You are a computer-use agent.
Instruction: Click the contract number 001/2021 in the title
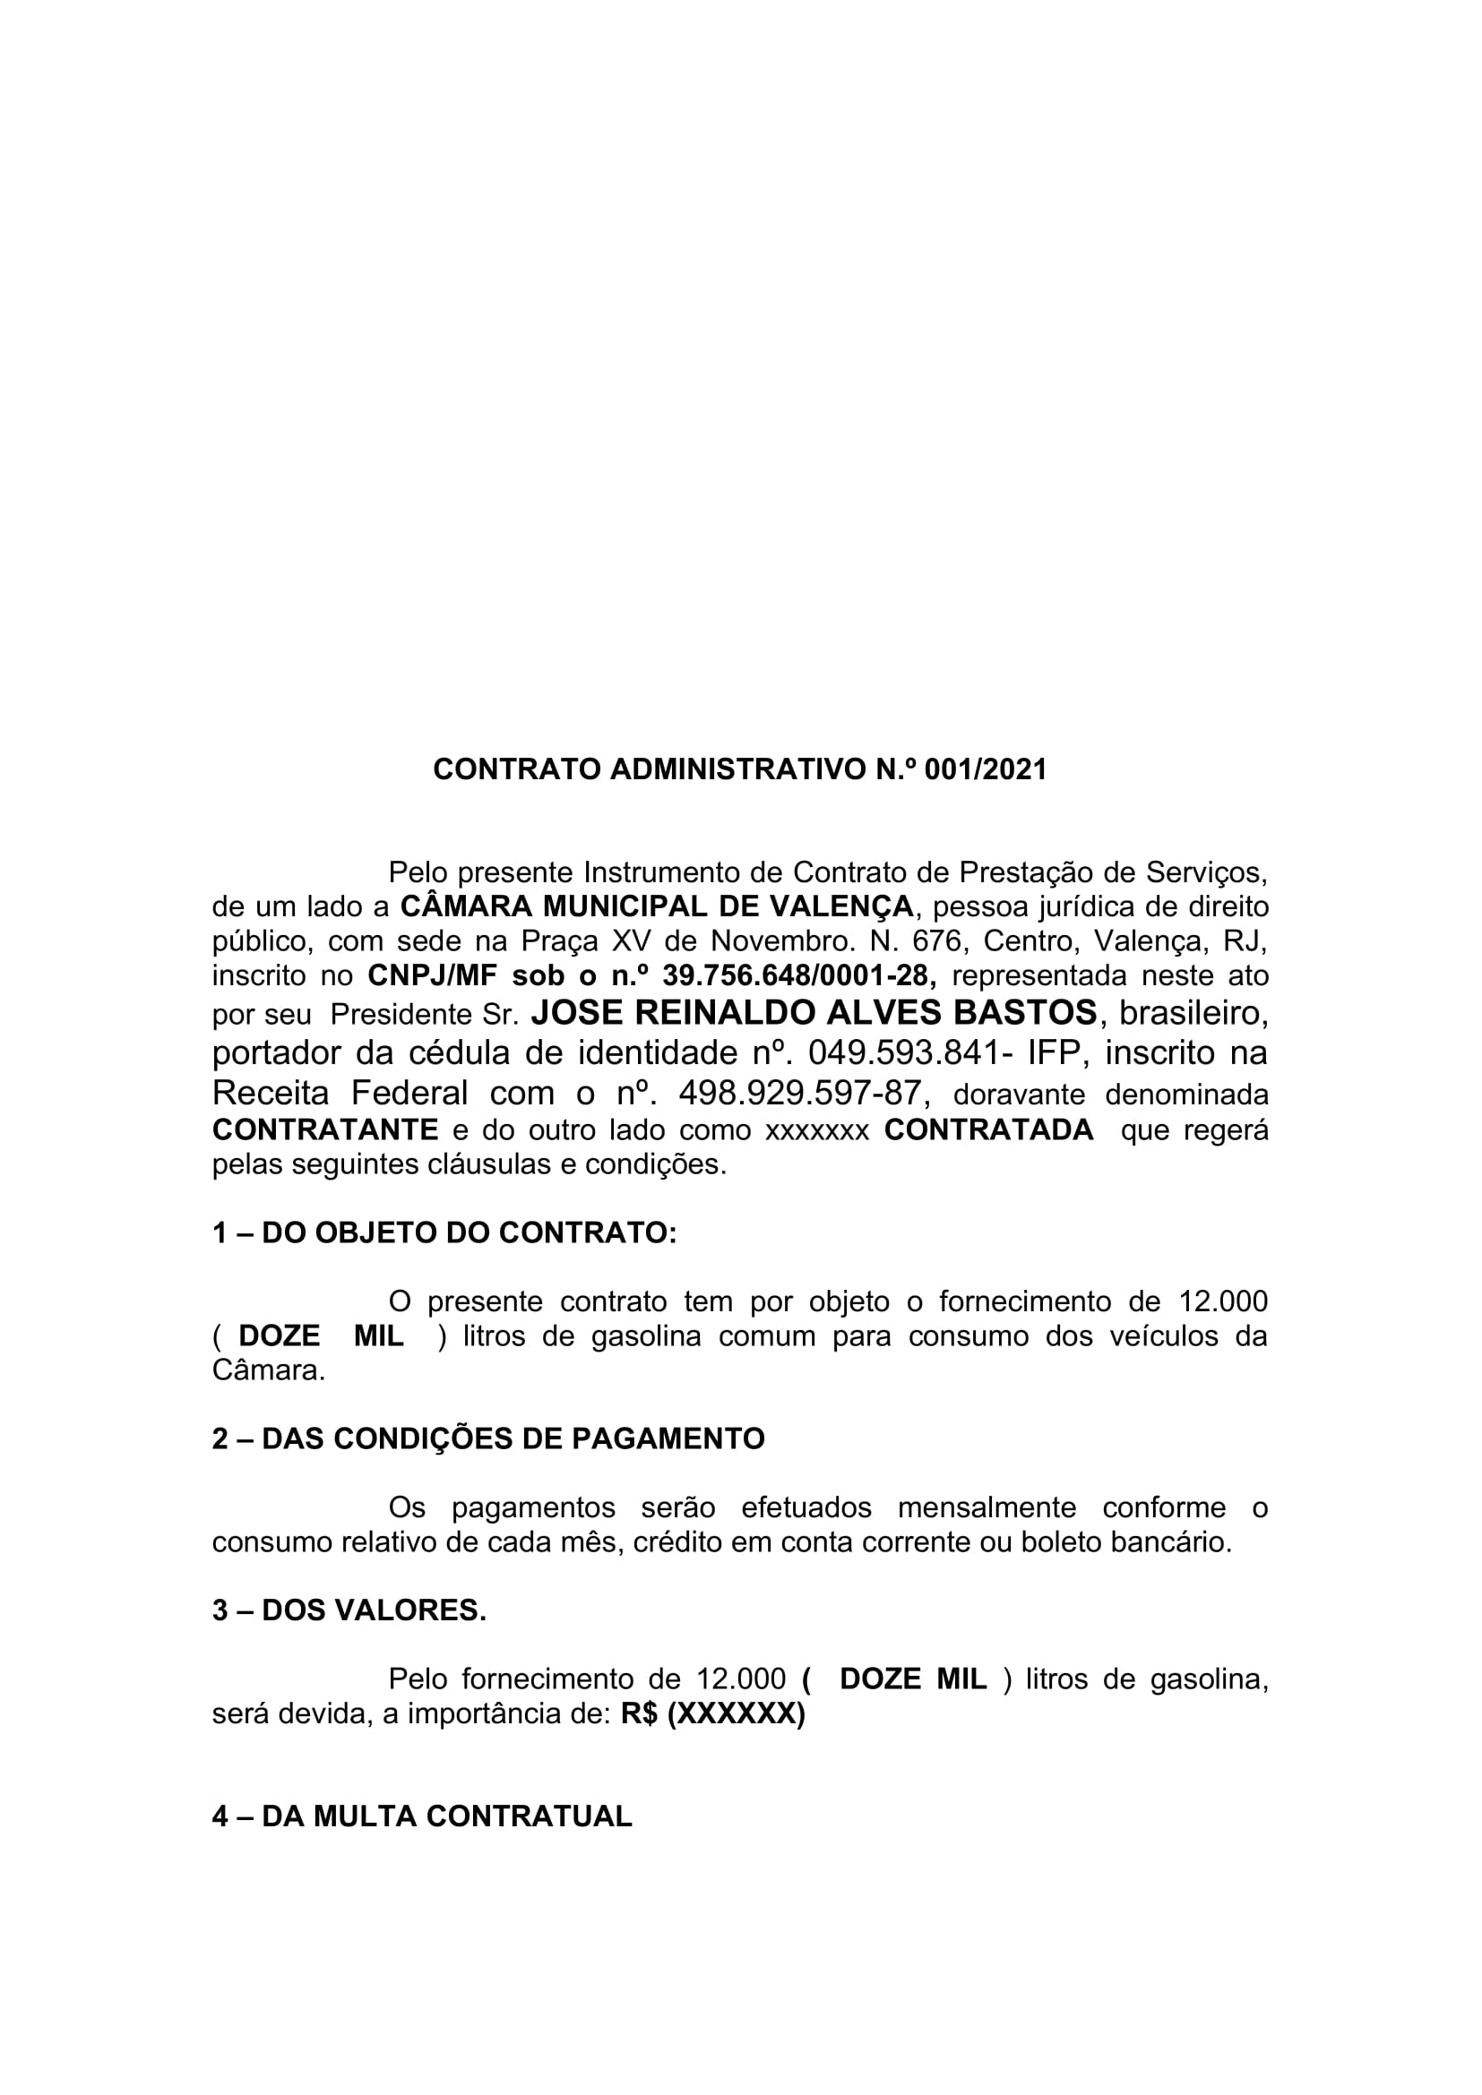tap(986, 770)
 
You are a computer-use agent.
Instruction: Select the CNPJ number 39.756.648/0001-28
tap(798, 975)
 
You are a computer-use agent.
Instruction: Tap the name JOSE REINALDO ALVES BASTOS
tap(813, 1013)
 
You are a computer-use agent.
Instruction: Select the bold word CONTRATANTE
tap(325, 1129)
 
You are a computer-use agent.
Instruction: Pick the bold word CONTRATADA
tap(988, 1129)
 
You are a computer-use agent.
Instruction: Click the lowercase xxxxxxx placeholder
tap(817, 1130)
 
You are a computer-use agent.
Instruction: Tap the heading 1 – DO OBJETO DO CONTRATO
tap(444, 1232)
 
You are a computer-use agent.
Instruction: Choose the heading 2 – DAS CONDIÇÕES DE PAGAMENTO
tap(488, 1439)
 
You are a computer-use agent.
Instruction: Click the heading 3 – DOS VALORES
tap(349, 1610)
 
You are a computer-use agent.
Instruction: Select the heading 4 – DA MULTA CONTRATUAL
tap(422, 1816)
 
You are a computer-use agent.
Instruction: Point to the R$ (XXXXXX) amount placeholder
tap(712, 1714)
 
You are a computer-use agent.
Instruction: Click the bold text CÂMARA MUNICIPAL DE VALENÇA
tap(656, 907)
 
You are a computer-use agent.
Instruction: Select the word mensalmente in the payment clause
tap(987, 1507)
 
